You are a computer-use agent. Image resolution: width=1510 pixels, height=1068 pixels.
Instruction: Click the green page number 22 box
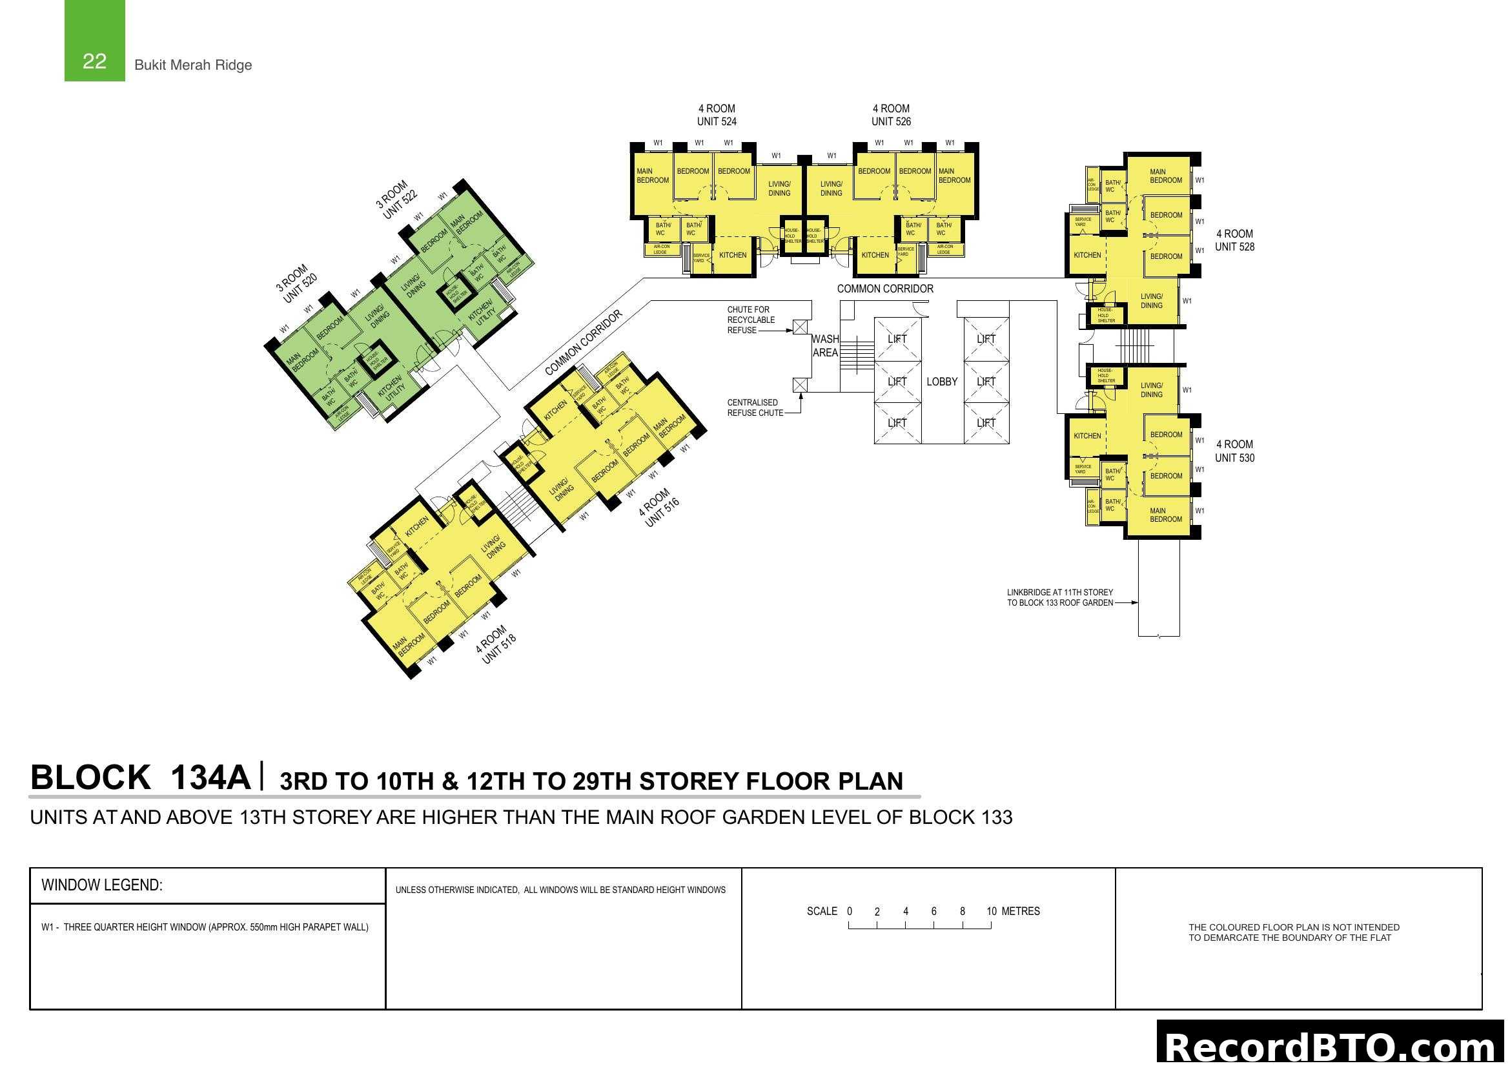(94, 41)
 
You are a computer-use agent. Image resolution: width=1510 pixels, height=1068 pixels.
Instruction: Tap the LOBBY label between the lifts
(942, 382)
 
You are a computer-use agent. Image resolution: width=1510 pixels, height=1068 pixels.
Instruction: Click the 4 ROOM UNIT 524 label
(716, 115)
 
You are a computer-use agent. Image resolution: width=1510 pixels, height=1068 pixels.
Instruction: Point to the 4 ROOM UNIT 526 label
(891, 115)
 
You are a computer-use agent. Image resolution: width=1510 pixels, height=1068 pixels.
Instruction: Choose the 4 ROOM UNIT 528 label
(1234, 240)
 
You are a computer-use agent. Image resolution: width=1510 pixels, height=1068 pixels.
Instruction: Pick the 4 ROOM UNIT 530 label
(1234, 451)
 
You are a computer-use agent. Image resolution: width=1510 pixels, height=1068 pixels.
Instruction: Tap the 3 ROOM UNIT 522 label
(396, 199)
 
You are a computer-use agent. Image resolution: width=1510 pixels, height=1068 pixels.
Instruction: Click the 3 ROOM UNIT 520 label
(296, 283)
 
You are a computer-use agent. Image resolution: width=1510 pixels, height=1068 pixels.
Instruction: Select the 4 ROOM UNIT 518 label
(496, 644)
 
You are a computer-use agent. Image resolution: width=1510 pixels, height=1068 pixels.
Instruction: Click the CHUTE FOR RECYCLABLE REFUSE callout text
(750, 320)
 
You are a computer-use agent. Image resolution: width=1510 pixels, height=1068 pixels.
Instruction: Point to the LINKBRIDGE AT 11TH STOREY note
(1059, 597)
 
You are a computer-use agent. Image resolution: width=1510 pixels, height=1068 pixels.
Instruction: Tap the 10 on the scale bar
(991, 912)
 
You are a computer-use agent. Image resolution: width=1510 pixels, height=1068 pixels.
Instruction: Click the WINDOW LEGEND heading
(102, 885)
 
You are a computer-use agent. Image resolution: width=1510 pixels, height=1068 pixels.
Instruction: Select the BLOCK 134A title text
(140, 777)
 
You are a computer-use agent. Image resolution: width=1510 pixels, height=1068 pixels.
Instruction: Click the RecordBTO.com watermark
(1330, 1045)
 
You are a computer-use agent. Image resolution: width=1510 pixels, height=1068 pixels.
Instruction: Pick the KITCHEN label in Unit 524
(733, 255)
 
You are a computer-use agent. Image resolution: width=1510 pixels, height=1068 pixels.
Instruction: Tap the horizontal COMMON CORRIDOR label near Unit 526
(884, 289)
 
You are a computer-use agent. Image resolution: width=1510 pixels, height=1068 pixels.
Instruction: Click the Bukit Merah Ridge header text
(192, 65)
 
